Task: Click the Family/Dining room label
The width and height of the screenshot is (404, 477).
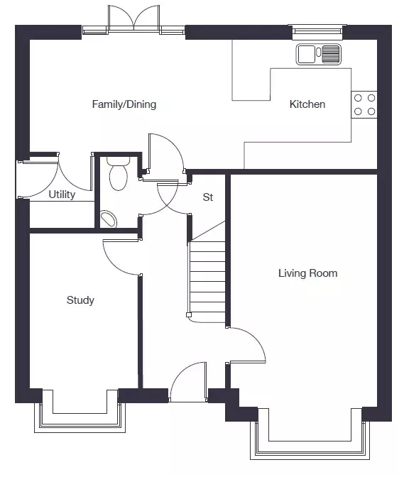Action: pos(124,104)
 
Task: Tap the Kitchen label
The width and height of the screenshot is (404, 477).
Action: pos(307,104)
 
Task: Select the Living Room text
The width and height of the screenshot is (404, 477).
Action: pos(308,273)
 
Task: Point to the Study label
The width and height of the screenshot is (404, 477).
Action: pos(80,300)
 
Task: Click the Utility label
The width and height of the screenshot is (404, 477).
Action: pos(62,194)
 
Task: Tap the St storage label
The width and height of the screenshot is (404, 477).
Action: pos(208,197)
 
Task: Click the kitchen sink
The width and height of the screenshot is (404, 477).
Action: pos(319,55)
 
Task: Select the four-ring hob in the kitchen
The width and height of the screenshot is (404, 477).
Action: pos(364,104)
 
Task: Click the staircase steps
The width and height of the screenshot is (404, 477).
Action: pos(207,277)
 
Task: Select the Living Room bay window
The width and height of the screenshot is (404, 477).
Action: pos(310,441)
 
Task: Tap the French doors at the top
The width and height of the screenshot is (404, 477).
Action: pos(134,21)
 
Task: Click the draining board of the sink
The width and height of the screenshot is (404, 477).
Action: pos(331,55)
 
